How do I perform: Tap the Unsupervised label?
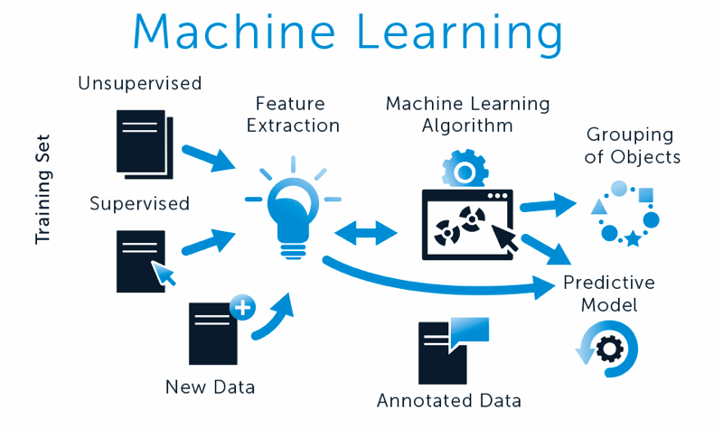(x=139, y=84)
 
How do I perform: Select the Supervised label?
(x=139, y=203)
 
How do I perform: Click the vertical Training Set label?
(x=43, y=190)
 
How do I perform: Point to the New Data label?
(x=210, y=387)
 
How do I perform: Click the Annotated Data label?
(x=449, y=400)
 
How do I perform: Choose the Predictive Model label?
(x=608, y=293)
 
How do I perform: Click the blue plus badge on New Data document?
(x=242, y=308)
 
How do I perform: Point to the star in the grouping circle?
(x=633, y=239)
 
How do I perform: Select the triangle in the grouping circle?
(x=597, y=207)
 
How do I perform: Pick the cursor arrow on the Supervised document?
(x=163, y=271)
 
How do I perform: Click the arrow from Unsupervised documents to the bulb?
(x=211, y=157)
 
